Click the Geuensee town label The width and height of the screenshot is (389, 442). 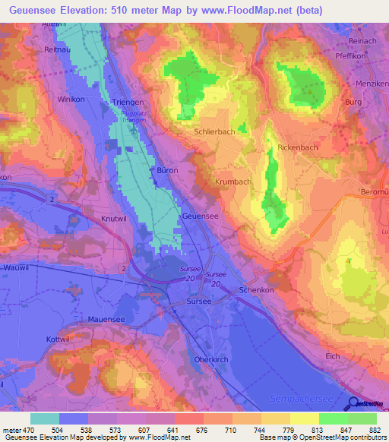click(x=201, y=216)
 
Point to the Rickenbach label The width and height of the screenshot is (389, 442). click(x=298, y=147)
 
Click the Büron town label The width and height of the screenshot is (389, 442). click(x=167, y=171)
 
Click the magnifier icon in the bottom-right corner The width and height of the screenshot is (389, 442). click(x=354, y=405)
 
